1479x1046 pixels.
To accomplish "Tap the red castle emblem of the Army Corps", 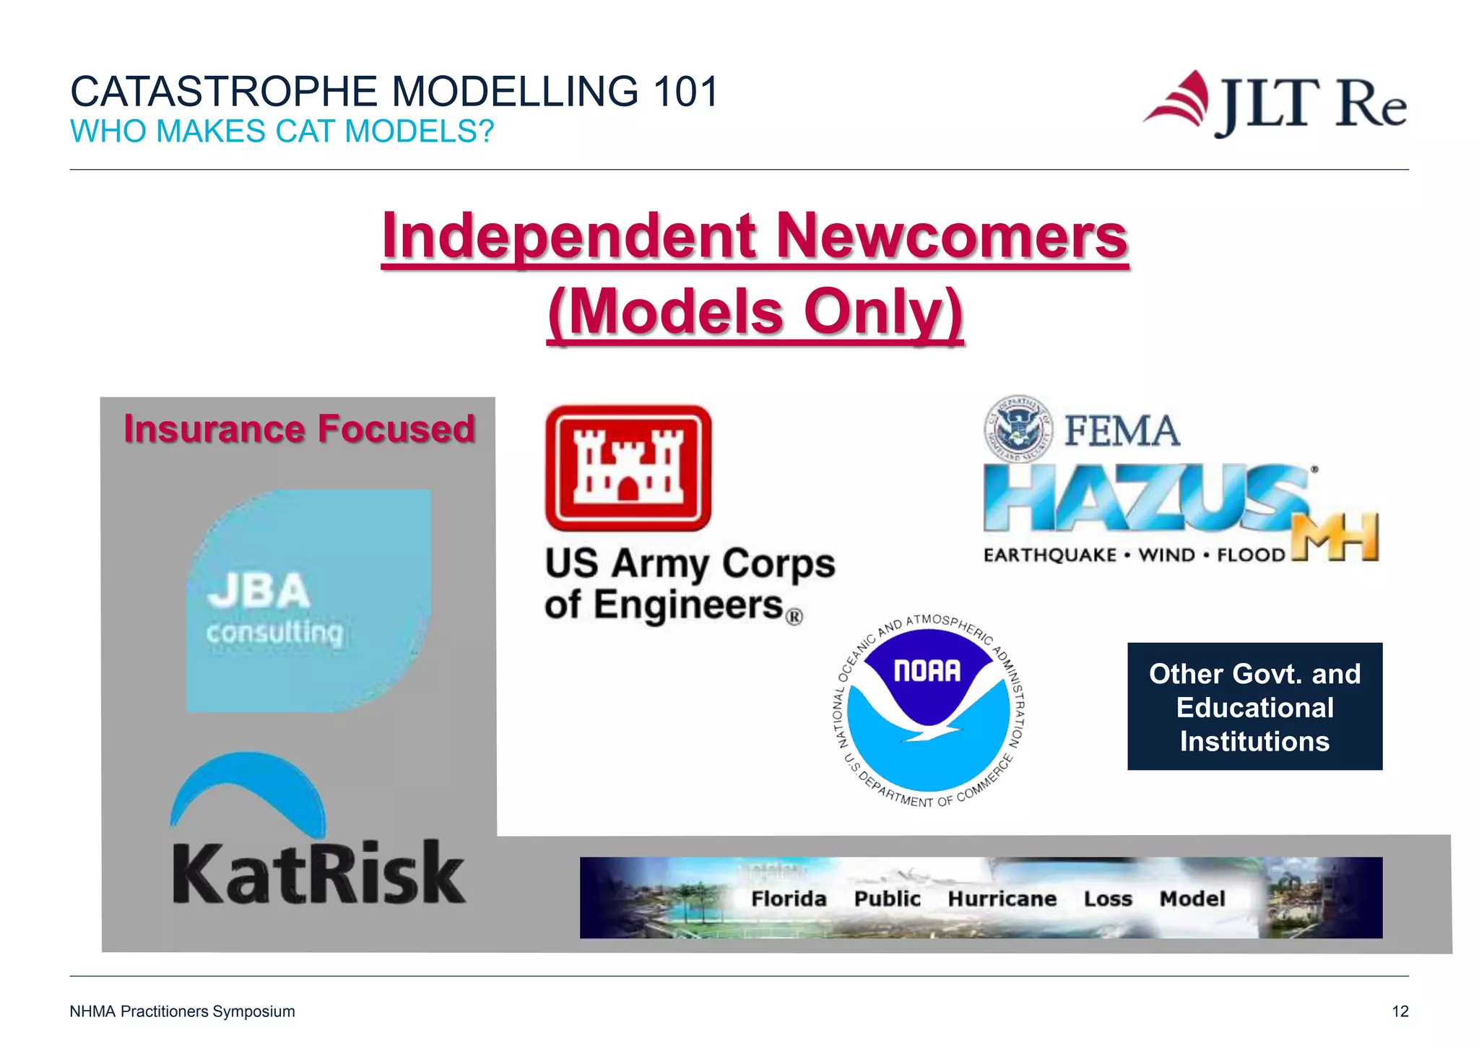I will [x=628, y=467].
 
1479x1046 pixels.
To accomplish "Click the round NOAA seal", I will [x=929, y=712].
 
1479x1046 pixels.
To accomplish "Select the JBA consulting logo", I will [x=308, y=600].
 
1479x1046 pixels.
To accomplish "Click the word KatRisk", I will [x=318, y=873].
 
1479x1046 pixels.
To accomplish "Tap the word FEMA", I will [x=1122, y=431].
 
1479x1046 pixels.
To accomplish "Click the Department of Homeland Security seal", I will [x=1018, y=428].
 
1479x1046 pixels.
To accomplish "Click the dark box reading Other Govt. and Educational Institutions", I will [x=1254, y=706].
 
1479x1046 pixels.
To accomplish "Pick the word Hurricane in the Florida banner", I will [x=1002, y=899].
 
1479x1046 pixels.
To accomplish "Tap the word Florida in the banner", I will [x=789, y=899].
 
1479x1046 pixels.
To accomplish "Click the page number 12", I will [x=1400, y=1011].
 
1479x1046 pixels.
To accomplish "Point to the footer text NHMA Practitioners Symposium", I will [x=182, y=1011].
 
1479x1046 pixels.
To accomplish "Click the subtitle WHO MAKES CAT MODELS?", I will [x=282, y=131].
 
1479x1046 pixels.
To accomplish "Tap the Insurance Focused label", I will [x=299, y=428].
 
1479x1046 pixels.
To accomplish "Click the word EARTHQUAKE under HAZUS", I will [x=1050, y=555].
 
